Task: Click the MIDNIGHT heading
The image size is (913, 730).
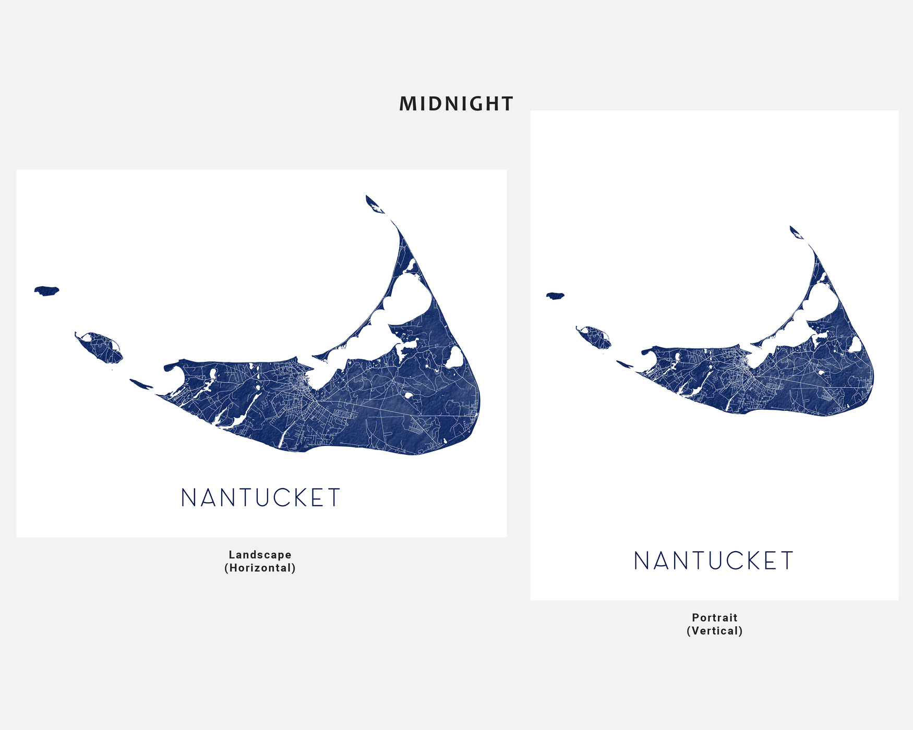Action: coord(456,104)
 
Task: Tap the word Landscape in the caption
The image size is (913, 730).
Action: coord(260,555)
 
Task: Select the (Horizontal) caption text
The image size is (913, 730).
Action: coord(260,568)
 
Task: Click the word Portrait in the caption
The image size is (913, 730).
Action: coord(714,617)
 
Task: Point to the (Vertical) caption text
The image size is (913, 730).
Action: coord(714,631)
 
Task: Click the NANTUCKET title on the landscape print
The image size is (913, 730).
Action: coord(261,498)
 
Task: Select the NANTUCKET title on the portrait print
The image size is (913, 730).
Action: coord(714,561)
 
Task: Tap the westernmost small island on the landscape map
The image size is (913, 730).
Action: coord(46,290)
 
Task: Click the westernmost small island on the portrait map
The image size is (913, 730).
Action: coord(555,296)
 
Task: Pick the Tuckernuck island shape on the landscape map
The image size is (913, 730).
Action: coord(100,347)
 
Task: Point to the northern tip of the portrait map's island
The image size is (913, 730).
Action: coord(792,229)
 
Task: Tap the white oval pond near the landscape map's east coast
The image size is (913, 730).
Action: coord(454,358)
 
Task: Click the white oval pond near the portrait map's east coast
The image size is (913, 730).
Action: coord(856,344)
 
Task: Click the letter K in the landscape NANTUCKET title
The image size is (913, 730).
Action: coord(299,498)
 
